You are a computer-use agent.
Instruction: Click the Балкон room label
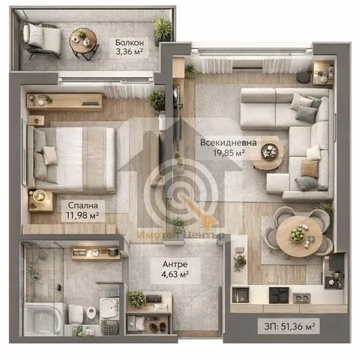pos(130,43)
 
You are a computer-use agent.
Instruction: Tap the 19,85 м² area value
pos(229,152)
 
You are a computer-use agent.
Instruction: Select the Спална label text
pos(83,205)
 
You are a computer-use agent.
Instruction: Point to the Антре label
pos(175,264)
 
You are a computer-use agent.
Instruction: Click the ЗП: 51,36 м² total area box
pos(289,326)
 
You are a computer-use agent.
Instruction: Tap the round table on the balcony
pos(83,40)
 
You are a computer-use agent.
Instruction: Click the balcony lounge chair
pos(41,39)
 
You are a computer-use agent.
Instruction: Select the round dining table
pos(299,236)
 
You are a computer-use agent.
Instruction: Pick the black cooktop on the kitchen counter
pos(279,295)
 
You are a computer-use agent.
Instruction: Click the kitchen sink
pos(241,295)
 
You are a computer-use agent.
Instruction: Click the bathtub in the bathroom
pos(43,319)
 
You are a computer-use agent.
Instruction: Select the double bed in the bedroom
pos(71,160)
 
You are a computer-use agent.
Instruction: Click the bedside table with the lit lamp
pos(40,201)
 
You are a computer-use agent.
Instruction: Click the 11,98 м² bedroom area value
pos(82,215)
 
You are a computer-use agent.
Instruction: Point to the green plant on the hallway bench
pos(136,299)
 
